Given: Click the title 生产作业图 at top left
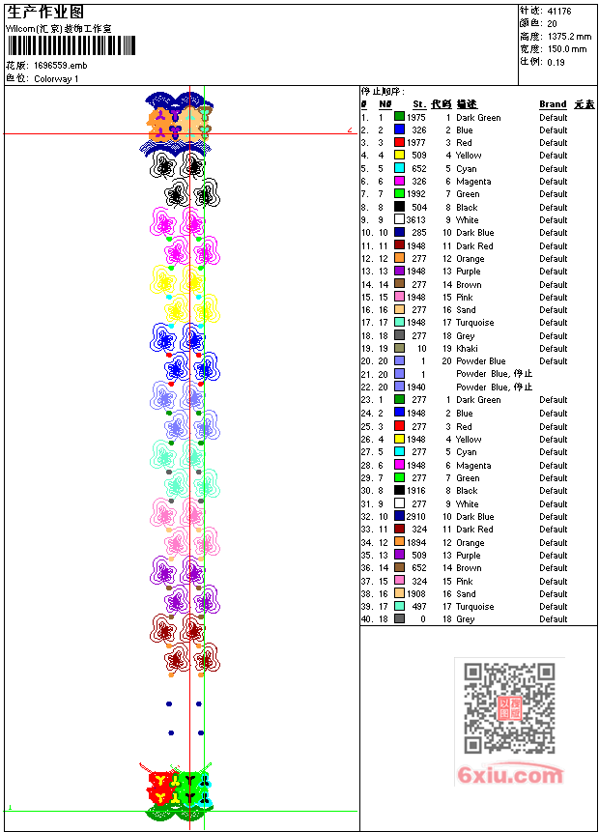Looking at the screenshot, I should pos(45,12).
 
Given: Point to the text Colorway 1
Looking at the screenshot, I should pos(56,78).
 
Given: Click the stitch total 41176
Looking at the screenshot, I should pos(558,11).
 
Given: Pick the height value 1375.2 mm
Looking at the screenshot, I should pos(568,36).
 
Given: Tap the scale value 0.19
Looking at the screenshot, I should pos(556,61).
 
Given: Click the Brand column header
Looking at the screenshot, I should pos(553,104).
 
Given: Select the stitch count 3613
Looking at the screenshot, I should pos(415,220).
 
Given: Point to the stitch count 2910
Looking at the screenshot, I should pos(415,517).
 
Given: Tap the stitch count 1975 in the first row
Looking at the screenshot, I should pos(415,118).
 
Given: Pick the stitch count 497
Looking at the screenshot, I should pos(417,607).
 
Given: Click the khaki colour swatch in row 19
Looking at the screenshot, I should pos(399,349).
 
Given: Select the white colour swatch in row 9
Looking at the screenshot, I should pos(399,220).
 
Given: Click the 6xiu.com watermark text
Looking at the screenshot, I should pos(509,775).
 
